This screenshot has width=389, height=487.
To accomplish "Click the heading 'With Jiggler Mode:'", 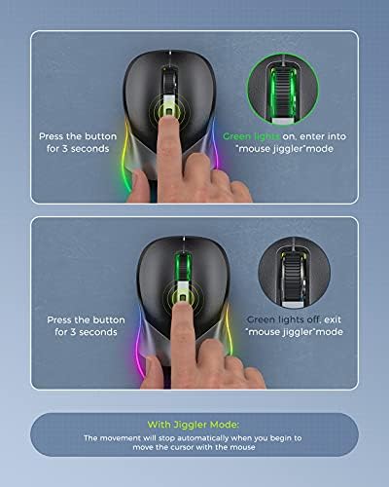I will (x=194, y=424).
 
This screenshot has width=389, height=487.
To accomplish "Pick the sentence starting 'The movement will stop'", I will (x=194, y=440).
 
